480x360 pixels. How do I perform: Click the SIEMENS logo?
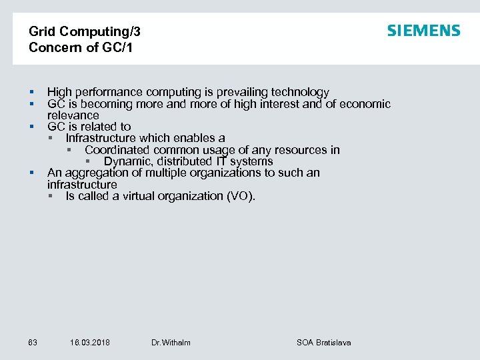point(423,31)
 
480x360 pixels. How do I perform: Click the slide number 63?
point(33,343)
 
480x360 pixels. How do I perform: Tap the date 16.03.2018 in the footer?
point(90,343)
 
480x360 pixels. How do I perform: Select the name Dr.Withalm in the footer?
point(171,343)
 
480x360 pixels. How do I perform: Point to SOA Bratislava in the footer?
point(323,343)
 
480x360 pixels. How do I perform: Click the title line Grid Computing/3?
point(85,31)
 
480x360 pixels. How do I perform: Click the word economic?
point(365,103)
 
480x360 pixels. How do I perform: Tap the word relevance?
point(73,115)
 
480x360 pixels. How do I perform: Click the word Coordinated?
point(117,150)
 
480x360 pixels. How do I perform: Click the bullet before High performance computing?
point(31,93)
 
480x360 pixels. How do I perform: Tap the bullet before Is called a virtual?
point(51,197)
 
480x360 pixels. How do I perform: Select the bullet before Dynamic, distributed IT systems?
point(87,162)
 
